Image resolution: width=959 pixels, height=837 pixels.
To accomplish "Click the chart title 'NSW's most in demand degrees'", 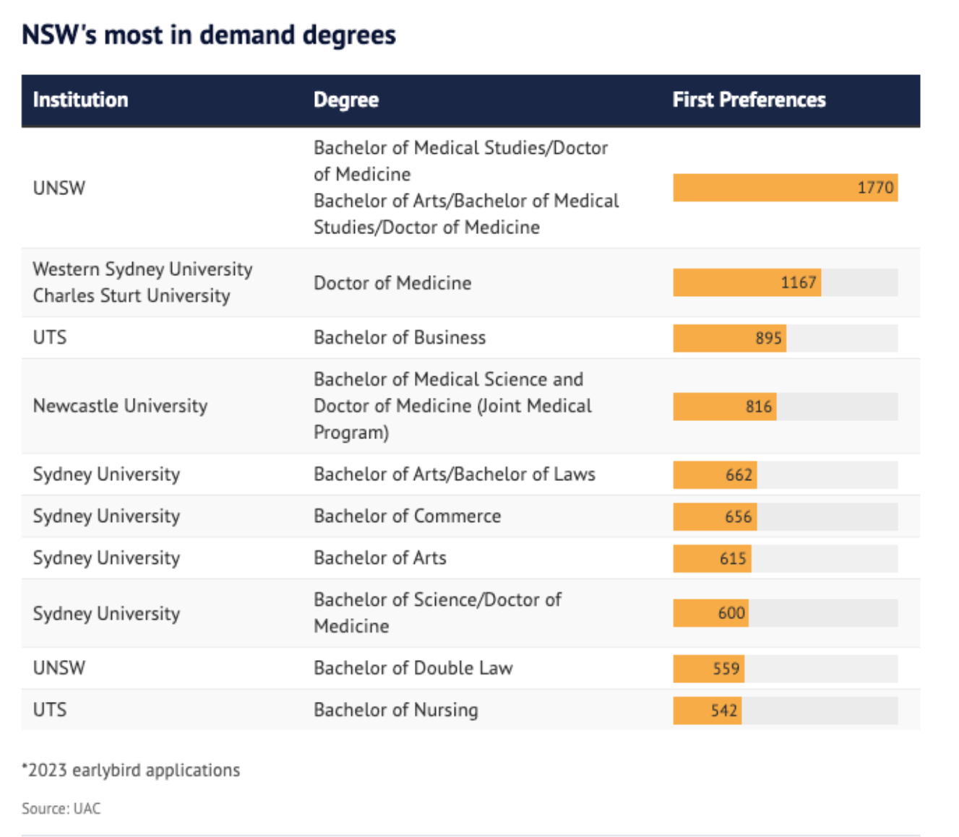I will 209,35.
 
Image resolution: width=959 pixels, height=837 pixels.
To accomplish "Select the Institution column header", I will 80,100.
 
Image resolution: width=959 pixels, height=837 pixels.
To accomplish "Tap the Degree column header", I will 345,100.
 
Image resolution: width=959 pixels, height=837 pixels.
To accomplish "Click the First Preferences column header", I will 749,100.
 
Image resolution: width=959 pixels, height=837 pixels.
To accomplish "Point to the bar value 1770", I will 875,188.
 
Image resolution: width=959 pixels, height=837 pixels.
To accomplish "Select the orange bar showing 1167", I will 747,282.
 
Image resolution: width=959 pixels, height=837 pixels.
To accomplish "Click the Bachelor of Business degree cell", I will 400,337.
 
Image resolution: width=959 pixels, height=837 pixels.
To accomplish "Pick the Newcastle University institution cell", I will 120,406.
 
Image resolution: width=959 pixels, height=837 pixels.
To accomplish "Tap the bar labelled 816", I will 724,407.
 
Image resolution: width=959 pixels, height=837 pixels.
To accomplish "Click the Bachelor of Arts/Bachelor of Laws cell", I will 454,474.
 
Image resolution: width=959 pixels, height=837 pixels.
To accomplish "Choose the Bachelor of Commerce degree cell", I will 407,516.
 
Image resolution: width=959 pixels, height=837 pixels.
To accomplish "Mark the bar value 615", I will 732,558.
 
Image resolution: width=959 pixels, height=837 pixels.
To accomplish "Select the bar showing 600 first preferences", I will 710,613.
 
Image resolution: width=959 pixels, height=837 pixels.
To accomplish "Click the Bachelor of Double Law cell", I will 413,668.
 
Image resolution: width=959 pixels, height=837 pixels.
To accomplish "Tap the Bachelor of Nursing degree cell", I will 395,710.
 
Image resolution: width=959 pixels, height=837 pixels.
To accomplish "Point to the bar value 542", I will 723,711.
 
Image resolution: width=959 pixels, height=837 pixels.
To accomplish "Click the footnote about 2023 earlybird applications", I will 131,770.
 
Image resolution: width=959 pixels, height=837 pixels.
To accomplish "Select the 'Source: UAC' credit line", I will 61,808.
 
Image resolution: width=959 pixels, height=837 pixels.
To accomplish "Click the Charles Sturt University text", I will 132,295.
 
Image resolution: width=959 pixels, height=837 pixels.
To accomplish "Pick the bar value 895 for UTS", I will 768,338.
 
